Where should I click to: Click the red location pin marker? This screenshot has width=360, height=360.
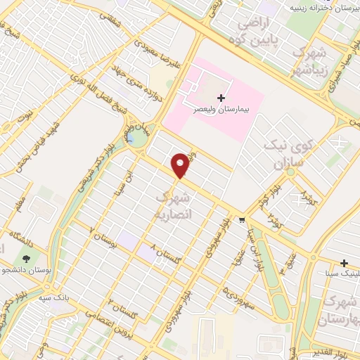pyautogui.click(x=181, y=165)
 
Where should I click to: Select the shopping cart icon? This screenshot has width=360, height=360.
pyautogui.click(x=242, y=220)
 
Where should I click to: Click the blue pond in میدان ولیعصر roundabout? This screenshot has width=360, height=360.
pyautogui.click(x=131, y=139)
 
